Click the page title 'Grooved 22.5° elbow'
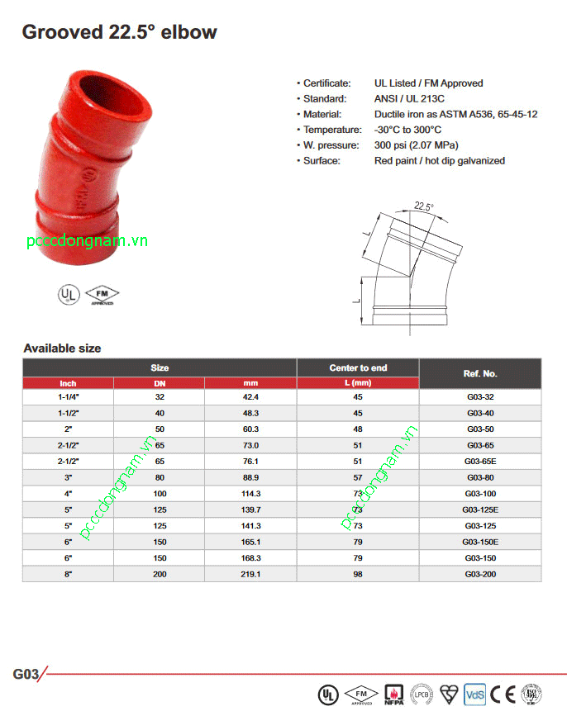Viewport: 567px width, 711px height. pyautogui.click(x=119, y=33)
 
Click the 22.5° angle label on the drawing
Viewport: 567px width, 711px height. pyautogui.click(x=424, y=206)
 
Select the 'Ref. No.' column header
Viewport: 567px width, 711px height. pyautogui.click(x=480, y=373)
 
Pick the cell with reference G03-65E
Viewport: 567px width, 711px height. pyautogui.click(x=480, y=461)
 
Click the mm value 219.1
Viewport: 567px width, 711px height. pyautogui.click(x=250, y=573)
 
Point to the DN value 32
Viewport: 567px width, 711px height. pyautogui.click(x=160, y=396)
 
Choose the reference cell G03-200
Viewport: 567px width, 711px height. pyautogui.click(x=480, y=573)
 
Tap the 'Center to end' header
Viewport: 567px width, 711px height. pyautogui.click(x=358, y=367)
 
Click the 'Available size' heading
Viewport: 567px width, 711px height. pyautogui.click(x=62, y=348)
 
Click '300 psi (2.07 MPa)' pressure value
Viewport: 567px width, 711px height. pyautogui.click(x=417, y=145)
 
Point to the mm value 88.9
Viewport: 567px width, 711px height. pyautogui.click(x=250, y=476)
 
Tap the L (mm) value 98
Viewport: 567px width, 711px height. pyautogui.click(x=358, y=573)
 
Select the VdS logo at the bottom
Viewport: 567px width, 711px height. pyautogui.click(x=474, y=692)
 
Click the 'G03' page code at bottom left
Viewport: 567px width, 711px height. pyautogui.click(x=26, y=673)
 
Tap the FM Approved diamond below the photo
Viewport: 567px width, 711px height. pyautogui.click(x=102, y=294)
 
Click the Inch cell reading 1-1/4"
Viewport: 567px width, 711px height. pyautogui.click(x=68, y=396)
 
